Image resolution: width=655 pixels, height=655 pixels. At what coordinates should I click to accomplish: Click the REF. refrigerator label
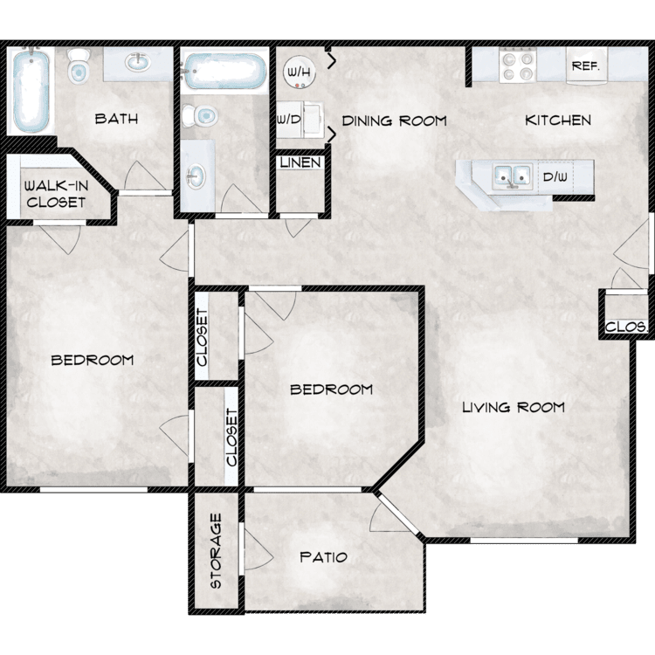click(x=586, y=66)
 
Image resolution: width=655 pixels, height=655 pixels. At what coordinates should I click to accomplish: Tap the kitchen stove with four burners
click(x=518, y=65)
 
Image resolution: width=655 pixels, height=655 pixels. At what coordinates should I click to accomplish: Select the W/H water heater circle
click(x=299, y=72)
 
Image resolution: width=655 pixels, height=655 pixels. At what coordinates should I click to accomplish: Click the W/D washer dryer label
click(x=289, y=120)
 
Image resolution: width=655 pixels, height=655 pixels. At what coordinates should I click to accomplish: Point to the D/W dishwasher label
click(x=555, y=176)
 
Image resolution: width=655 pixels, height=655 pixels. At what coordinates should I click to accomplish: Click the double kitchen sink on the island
click(x=512, y=176)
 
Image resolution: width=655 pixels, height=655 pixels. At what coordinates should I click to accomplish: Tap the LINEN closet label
click(x=300, y=162)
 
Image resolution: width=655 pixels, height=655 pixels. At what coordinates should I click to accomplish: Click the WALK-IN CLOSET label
click(x=56, y=194)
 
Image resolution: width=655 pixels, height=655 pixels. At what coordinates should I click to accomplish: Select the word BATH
click(x=116, y=119)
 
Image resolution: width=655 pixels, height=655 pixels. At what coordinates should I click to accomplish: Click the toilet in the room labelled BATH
click(x=79, y=66)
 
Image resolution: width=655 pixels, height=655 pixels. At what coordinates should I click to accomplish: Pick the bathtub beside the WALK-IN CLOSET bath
click(x=31, y=91)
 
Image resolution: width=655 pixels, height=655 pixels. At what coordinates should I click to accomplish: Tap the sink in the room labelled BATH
click(x=137, y=63)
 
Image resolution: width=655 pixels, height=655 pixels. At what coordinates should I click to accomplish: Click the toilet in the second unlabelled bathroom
click(x=200, y=115)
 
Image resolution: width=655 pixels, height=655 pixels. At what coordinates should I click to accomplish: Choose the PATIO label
click(x=324, y=557)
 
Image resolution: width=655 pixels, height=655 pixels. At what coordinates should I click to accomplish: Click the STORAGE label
click(x=216, y=551)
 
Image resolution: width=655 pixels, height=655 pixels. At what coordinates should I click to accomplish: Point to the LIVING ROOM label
click(x=514, y=407)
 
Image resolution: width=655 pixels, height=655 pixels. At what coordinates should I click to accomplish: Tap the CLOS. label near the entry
click(x=626, y=327)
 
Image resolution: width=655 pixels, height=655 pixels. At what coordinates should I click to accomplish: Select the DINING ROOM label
click(x=395, y=121)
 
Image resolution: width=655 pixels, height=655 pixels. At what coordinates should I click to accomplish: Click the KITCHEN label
click(x=558, y=121)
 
